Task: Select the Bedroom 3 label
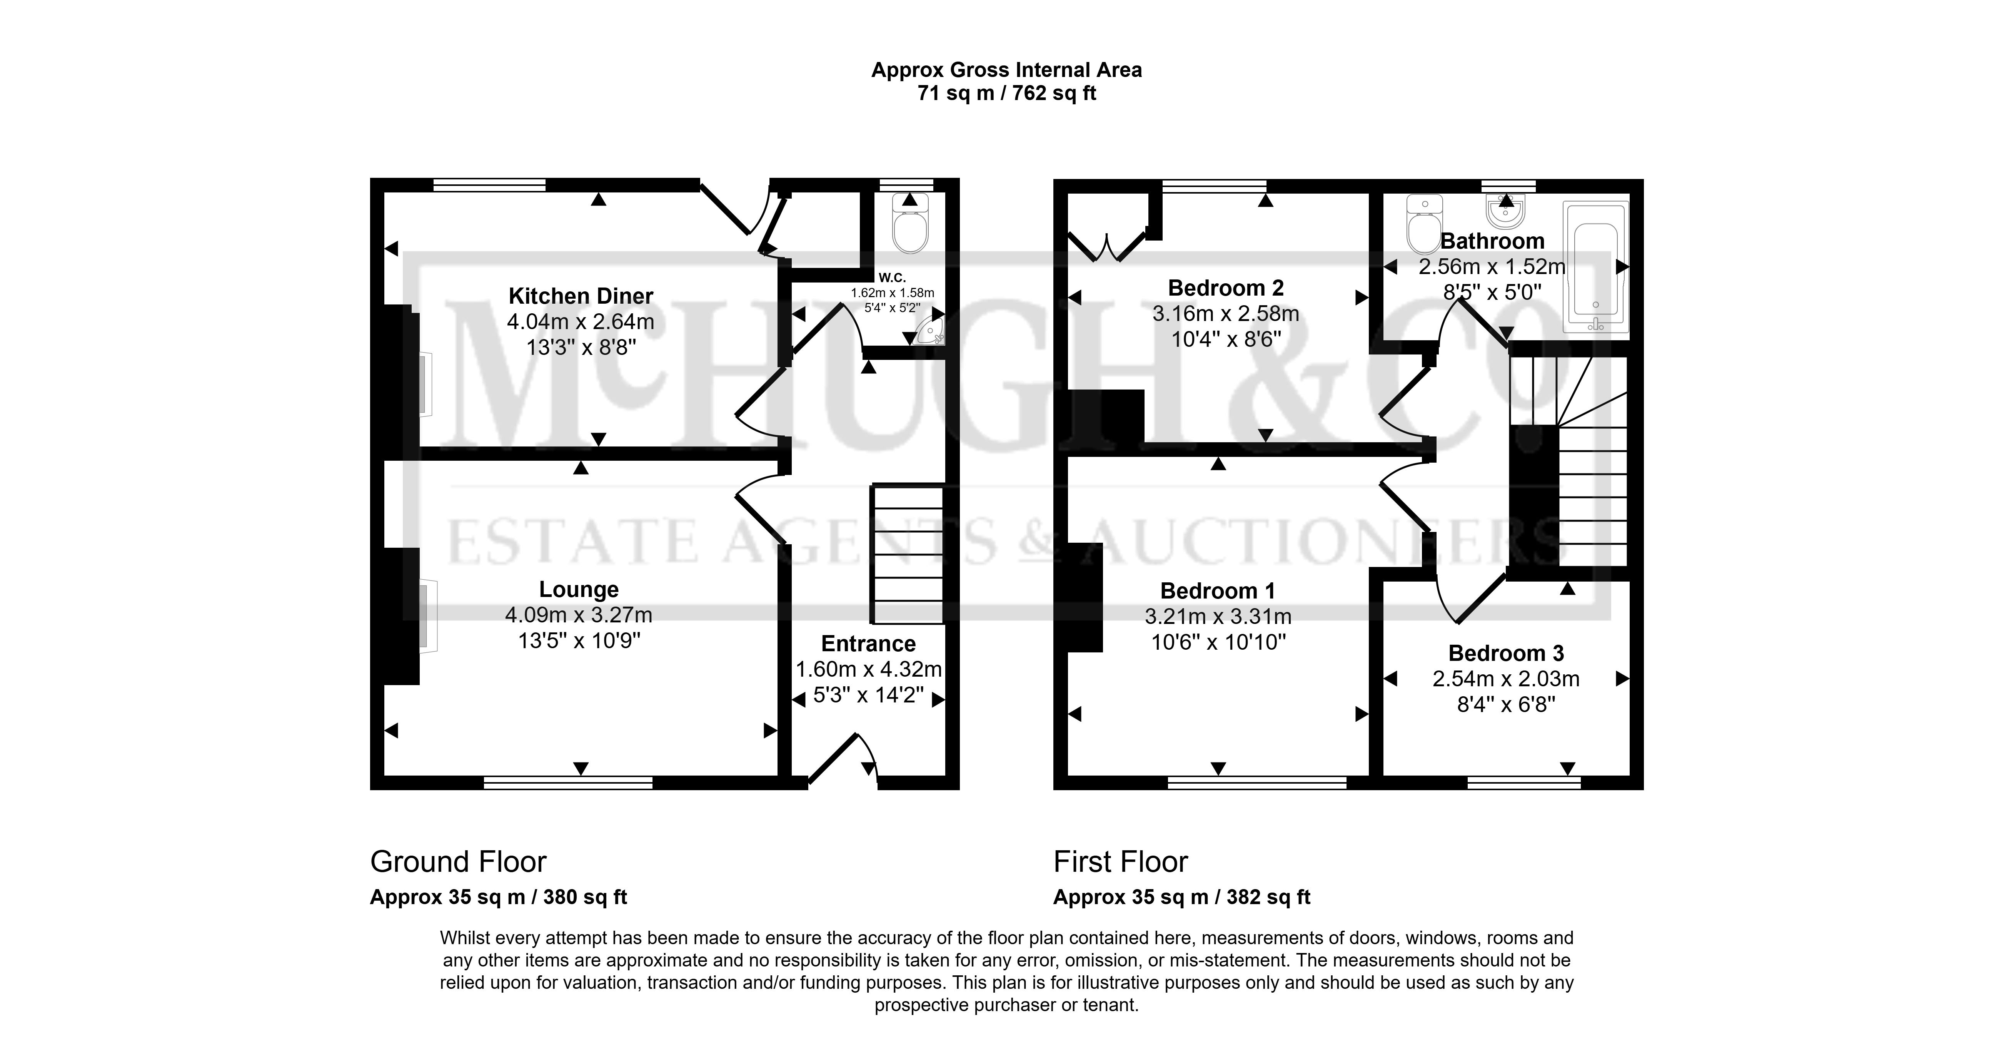point(1506,653)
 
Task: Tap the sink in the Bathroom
point(1506,210)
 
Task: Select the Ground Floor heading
point(458,862)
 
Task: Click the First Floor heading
point(1120,862)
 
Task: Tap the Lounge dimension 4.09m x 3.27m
point(579,615)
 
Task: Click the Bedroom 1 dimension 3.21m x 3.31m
point(1218,616)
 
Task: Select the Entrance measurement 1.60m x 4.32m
point(869,670)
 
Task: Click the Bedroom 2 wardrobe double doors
point(1107,246)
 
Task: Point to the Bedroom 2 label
point(1226,288)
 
